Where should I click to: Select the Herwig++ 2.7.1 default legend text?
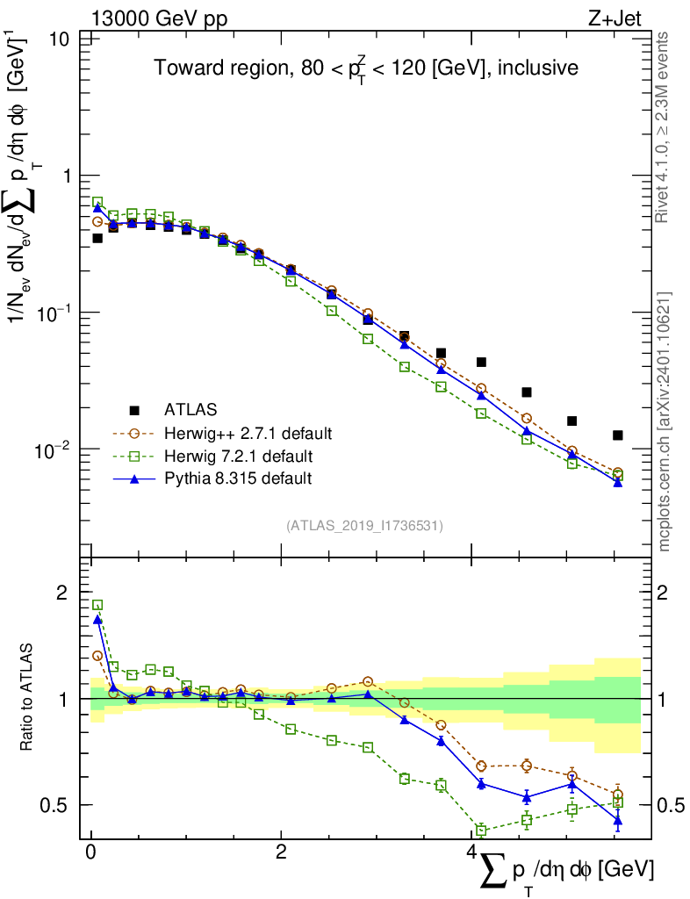click(x=248, y=433)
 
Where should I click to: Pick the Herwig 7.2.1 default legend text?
click(x=240, y=456)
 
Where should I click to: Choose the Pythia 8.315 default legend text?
click(x=239, y=478)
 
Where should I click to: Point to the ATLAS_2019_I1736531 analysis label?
click(x=364, y=526)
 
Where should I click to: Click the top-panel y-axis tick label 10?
click(x=60, y=40)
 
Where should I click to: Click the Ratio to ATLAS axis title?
click(x=28, y=699)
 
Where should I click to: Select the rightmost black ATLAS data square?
click(x=618, y=435)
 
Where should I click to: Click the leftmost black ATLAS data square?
click(x=97, y=238)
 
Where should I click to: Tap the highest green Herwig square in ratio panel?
click(x=97, y=605)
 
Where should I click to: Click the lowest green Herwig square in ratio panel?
click(x=481, y=830)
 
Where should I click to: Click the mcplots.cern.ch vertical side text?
click(x=665, y=421)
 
